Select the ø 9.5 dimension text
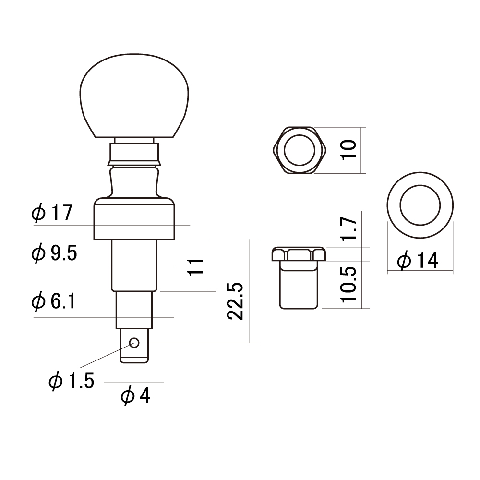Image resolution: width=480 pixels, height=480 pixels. [x=54, y=253]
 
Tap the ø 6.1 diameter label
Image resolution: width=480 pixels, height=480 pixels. [x=53, y=301]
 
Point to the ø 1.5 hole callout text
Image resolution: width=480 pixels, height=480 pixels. [x=71, y=381]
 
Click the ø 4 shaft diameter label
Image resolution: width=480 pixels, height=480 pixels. [x=135, y=396]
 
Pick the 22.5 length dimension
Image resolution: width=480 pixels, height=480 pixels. [x=235, y=301]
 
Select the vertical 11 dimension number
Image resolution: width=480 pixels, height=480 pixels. [x=196, y=267]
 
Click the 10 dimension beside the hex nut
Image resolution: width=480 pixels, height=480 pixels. [x=348, y=149]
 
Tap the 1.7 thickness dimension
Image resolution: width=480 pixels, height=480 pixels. [x=348, y=229]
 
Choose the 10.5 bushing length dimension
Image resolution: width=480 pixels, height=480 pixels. [x=348, y=284]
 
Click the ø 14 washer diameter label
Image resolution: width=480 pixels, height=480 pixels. [x=418, y=260]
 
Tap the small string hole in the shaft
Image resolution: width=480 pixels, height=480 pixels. [x=134, y=343]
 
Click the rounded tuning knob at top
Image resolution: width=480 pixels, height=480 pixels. [x=134, y=96]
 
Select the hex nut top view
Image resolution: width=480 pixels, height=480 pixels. [x=300, y=150]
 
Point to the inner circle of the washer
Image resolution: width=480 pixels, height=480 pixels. [x=420, y=205]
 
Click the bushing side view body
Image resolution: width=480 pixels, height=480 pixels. [x=299, y=277]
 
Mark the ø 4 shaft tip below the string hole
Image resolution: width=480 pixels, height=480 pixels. [x=134, y=346]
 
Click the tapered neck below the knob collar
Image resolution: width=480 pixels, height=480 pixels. [x=134, y=182]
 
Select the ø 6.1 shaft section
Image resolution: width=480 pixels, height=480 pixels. [x=134, y=310]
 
